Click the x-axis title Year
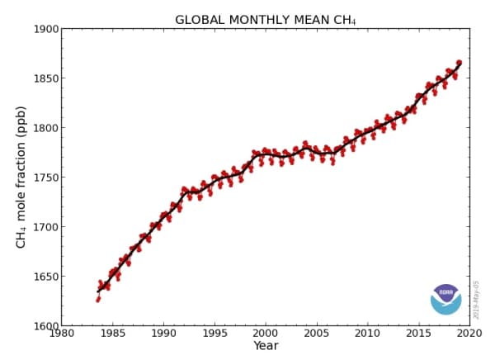[x=266, y=346]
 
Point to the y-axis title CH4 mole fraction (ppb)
[x=21, y=177]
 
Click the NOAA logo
[x=446, y=299]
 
